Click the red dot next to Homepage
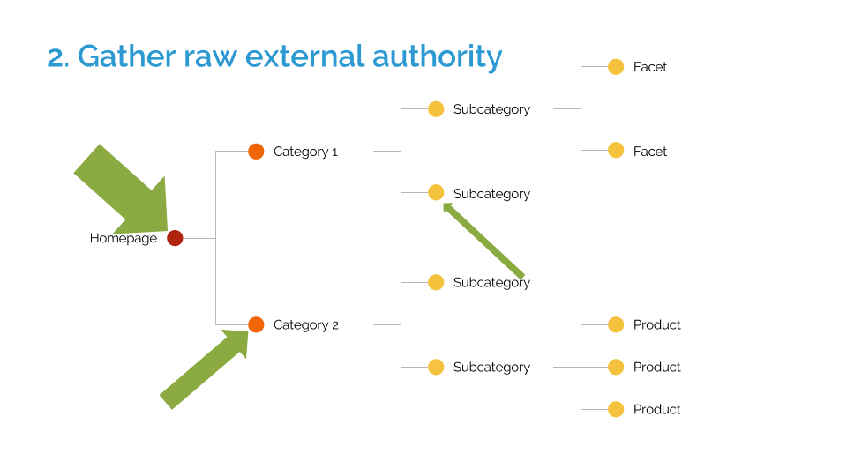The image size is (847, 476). (x=175, y=238)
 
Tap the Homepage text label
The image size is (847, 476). (x=124, y=239)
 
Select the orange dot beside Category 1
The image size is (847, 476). (x=256, y=152)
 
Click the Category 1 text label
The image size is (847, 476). (x=305, y=152)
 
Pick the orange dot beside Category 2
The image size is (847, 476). (x=256, y=325)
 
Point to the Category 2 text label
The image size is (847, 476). (x=306, y=325)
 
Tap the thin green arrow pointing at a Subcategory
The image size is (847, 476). (x=483, y=241)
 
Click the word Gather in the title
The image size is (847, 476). (x=126, y=56)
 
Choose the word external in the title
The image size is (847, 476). (x=304, y=56)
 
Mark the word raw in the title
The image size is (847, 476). (x=210, y=59)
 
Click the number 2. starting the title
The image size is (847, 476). (x=58, y=58)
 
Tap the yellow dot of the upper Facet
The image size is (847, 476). (x=616, y=67)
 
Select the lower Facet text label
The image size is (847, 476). (x=650, y=152)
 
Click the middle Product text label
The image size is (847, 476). (x=656, y=367)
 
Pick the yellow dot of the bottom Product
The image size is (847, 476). (x=616, y=410)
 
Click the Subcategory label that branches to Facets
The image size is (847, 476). (x=491, y=109)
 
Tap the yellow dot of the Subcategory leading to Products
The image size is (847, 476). (x=436, y=367)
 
